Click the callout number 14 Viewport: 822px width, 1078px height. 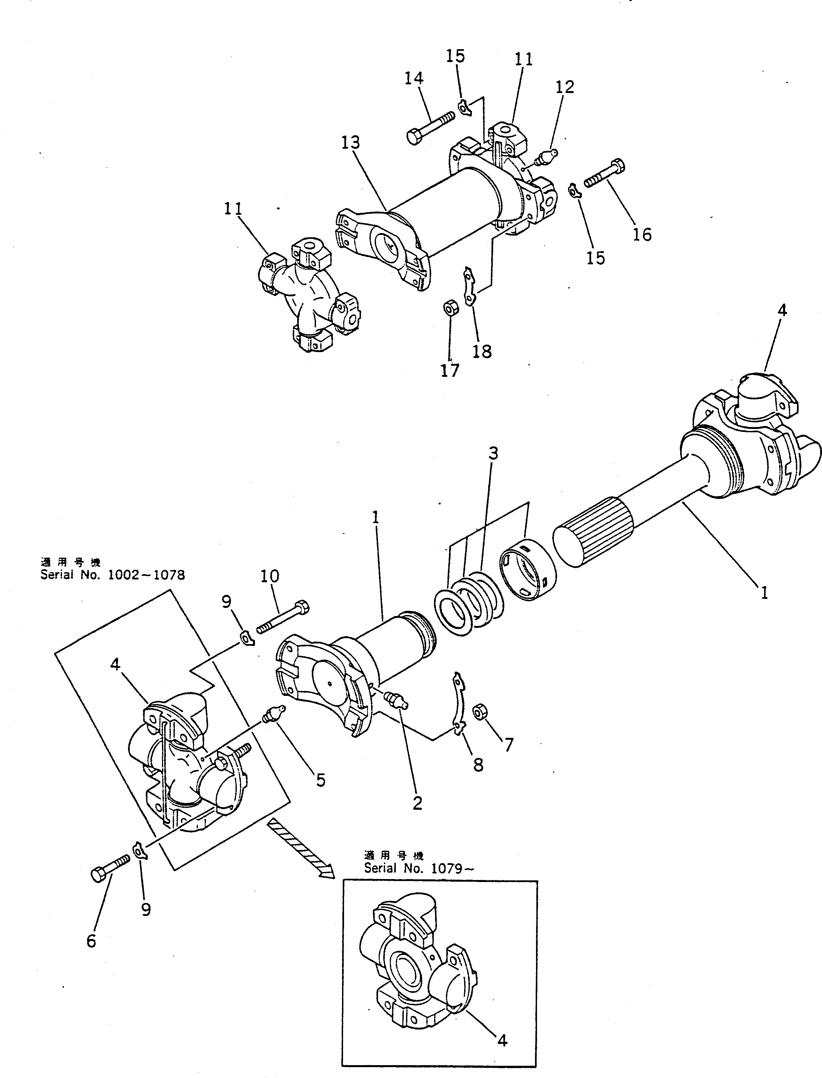coord(414,78)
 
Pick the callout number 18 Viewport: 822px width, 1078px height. coord(482,351)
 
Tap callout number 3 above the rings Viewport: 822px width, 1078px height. coord(493,454)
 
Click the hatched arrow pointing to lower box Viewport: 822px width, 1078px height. coord(300,850)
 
